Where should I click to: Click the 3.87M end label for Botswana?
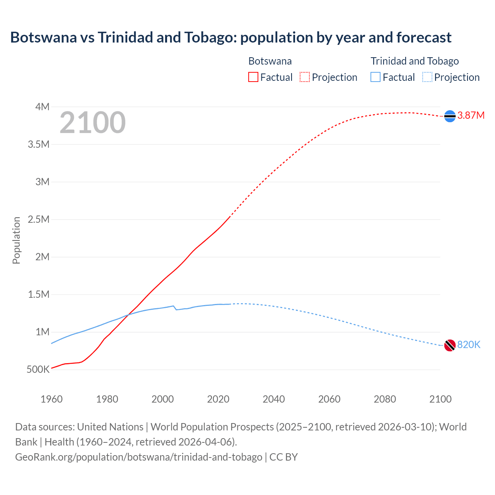coord(471,115)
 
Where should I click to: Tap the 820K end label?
coord(469,345)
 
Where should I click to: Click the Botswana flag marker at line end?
coord(450,116)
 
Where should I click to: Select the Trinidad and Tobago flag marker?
coord(450,345)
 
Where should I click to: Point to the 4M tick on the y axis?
coord(43,107)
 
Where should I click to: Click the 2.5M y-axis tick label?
coord(39,219)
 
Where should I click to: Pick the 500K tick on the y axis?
coord(38,369)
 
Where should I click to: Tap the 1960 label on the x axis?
coord(51,399)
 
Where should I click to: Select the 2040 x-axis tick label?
coord(274,399)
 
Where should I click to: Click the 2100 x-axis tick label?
coord(440,399)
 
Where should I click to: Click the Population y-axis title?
coord(16,240)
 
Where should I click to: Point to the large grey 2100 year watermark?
coord(92,123)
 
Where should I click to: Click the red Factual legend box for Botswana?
coord(253,77)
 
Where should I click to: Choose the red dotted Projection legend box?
coord(305,77)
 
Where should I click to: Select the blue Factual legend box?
coord(376,77)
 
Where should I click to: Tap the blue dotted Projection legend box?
coord(427,77)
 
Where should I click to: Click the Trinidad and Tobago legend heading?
coord(415,61)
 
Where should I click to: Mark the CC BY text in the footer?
coord(283,457)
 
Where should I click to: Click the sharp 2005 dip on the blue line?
coord(176,309)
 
